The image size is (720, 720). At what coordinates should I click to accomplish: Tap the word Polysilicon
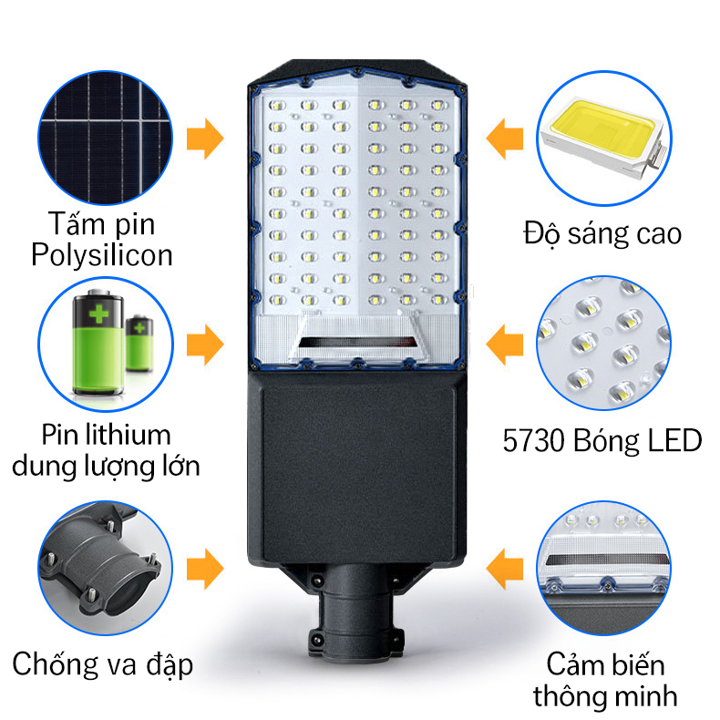(x=101, y=255)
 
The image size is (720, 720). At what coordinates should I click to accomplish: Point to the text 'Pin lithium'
(x=106, y=434)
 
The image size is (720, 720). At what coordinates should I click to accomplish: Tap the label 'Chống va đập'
(x=102, y=664)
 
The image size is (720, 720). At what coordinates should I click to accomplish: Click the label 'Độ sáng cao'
(x=602, y=233)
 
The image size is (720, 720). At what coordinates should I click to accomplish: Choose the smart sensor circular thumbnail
(x=603, y=566)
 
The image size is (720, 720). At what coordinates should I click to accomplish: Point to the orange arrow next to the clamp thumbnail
(x=205, y=570)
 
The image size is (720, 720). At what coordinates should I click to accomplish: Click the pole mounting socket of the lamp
(x=353, y=607)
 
